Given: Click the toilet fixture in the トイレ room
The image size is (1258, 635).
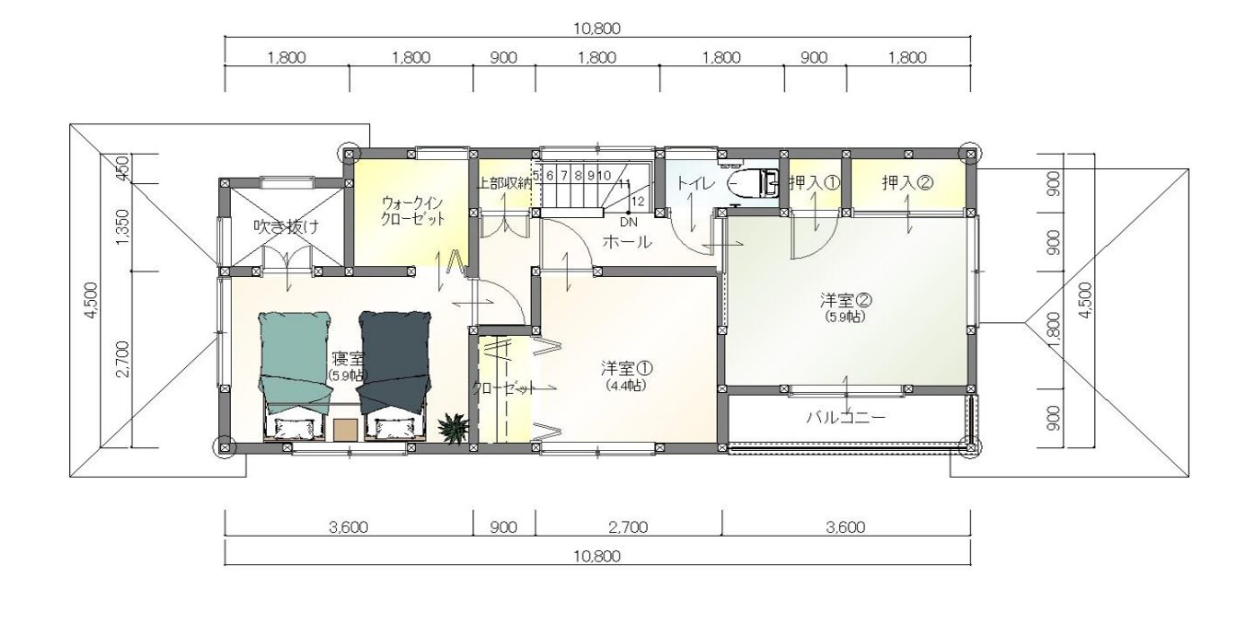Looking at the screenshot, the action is coord(753,182).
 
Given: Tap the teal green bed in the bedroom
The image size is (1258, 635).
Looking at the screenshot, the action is coord(294,375).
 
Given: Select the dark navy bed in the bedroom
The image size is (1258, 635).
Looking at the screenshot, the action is coord(396,375).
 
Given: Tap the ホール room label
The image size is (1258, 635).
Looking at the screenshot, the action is coord(627,242).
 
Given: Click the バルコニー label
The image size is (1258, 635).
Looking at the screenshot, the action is coord(847,417).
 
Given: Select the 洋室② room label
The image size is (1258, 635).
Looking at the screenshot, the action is coord(846,300).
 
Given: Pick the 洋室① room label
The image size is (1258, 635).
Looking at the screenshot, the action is coord(626,368).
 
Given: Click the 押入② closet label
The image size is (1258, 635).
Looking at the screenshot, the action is coord(908,182).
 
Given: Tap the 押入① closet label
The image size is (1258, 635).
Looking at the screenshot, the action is coord(814,182).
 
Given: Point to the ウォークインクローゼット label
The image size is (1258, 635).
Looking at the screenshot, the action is coord(413,211).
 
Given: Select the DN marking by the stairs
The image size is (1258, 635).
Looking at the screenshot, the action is coord(629,223).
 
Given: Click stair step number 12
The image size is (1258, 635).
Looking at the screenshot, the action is coord(638,201).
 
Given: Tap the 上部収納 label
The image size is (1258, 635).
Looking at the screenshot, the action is coord(504,183).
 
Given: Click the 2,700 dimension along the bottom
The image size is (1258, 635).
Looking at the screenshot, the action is coord(628,527).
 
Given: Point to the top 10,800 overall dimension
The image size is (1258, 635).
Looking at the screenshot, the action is coord(597,29).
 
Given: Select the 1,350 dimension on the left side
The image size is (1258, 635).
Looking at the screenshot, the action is coord(122,226).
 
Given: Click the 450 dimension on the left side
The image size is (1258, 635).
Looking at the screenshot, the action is coord(122,167).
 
